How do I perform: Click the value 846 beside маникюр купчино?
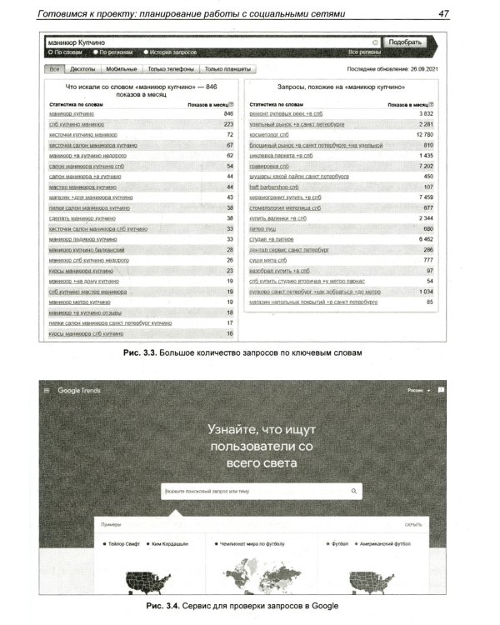228,112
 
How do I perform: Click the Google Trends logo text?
80,390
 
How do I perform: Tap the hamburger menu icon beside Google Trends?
47,390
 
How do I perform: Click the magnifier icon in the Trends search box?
353,492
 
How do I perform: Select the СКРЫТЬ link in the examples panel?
413,525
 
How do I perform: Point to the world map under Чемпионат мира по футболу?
249,580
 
